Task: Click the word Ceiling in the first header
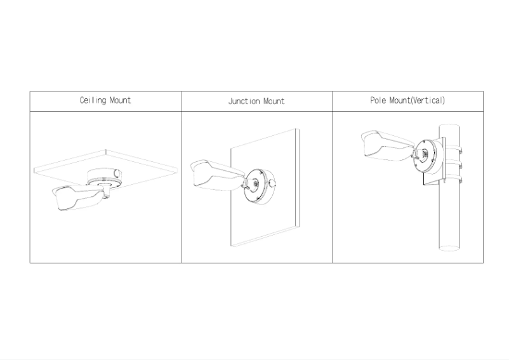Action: (93, 100)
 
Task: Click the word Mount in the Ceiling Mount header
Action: (121, 100)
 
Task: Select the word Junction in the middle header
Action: (243, 101)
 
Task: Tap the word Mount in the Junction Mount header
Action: (272, 101)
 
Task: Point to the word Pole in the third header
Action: (379, 100)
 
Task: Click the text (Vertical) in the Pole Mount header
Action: (428, 100)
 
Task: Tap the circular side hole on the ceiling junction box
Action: (117, 173)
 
